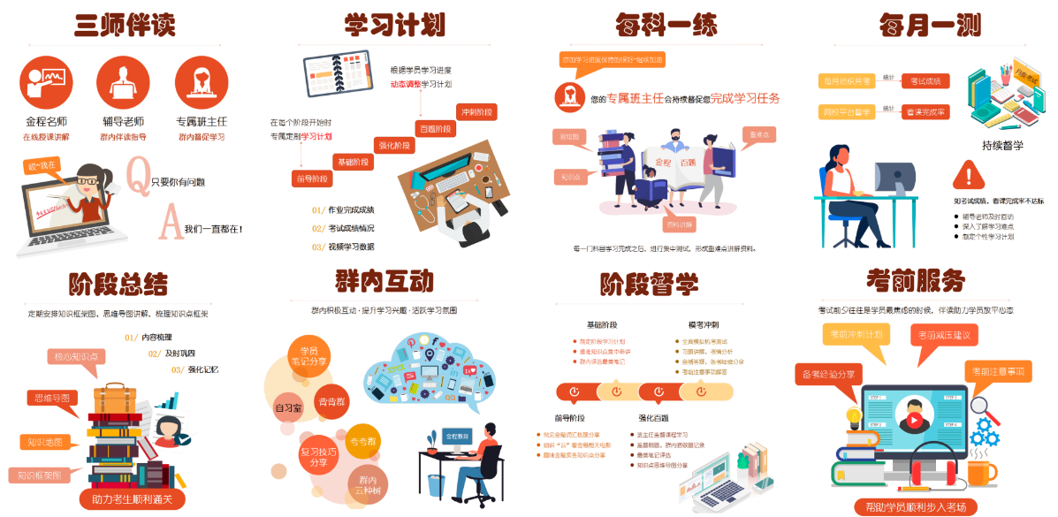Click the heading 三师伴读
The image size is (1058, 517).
[x=125, y=25]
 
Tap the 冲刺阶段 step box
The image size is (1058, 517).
[x=477, y=111]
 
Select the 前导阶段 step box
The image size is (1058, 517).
[x=312, y=179]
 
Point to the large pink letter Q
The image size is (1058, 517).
[x=139, y=174]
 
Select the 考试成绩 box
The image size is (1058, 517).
[x=925, y=81]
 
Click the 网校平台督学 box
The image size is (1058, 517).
[x=846, y=112]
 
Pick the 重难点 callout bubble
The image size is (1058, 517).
[x=757, y=135]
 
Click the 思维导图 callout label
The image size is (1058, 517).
[x=52, y=399]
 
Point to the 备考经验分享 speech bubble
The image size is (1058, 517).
[x=828, y=374]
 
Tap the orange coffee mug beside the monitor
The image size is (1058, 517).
[x=978, y=474]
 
